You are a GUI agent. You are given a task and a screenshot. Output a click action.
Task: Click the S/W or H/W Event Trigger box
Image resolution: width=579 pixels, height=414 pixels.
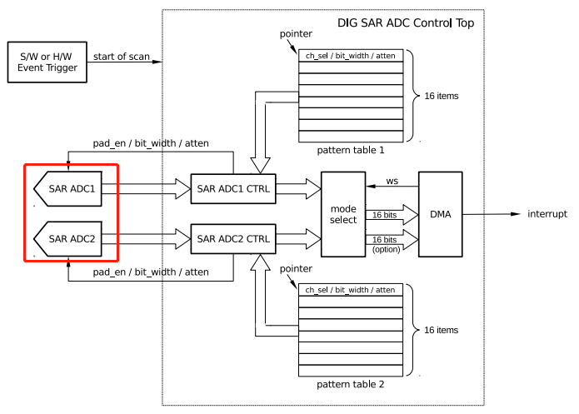(x=47, y=62)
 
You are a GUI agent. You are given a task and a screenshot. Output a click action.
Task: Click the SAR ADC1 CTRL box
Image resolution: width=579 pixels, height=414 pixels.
(x=233, y=189)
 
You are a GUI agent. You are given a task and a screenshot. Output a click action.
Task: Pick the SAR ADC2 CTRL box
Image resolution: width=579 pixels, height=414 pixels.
(x=233, y=239)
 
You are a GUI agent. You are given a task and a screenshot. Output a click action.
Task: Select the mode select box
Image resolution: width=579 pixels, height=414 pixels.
(x=343, y=214)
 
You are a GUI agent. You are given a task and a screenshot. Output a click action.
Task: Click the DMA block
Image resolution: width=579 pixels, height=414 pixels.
(x=439, y=214)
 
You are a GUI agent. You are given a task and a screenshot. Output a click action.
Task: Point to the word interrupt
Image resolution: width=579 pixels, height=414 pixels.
(x=547, y=214)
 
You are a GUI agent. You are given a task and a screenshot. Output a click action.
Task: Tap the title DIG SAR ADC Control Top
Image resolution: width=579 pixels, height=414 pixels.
(x=406, y=23)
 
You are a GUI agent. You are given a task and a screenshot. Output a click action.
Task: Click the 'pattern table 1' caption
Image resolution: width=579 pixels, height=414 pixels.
(x=351, y=151)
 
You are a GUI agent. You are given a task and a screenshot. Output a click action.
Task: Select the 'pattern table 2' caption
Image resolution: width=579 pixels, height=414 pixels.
(x=351, y=385)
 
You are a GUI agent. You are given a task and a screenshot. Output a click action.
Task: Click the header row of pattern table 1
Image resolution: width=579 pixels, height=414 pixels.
(x=351, y=56)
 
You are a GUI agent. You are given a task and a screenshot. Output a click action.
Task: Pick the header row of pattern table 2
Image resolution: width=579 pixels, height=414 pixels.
(x=351, y=289)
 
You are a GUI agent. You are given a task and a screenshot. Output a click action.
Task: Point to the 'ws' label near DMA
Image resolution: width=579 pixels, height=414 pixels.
(x=392, y=180)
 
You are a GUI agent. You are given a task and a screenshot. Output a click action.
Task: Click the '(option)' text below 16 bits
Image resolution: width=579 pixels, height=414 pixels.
(x=385, y=249)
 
